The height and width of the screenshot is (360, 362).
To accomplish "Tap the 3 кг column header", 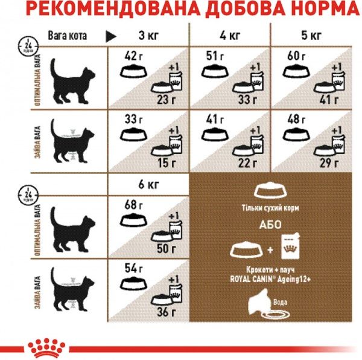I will [x=148, y=35].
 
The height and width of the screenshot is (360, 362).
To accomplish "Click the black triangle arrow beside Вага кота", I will [x=110, y=36].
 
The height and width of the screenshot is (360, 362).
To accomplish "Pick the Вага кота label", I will [x=67, y=36].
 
